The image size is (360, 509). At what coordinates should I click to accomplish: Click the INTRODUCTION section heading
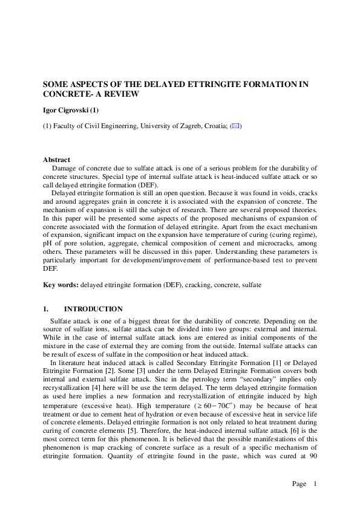click(x=93, y=309)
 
